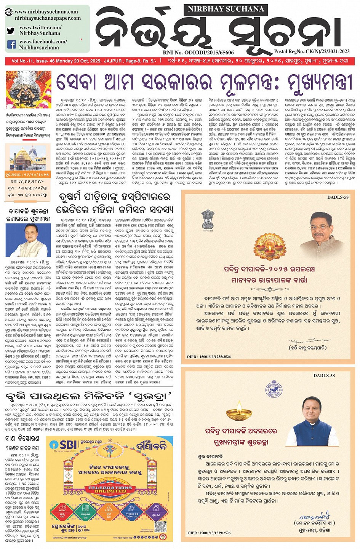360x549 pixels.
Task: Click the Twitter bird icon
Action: click(11, 31)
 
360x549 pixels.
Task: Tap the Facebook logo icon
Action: click(11, 45)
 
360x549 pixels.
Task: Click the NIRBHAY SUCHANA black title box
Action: click(226, 9)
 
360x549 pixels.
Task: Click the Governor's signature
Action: click(304, 340)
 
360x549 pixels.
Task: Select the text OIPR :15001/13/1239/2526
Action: click(209, 533)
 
